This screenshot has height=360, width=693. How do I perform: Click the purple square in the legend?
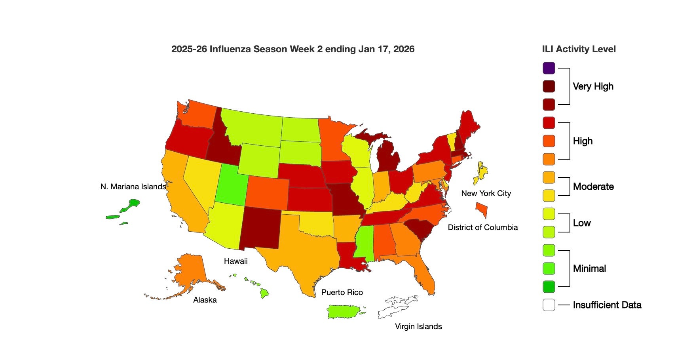[x=549, y=68]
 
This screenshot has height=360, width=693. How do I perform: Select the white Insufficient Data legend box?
[x=549, y=305]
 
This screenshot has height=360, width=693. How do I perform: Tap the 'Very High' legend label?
[x=593, y=86]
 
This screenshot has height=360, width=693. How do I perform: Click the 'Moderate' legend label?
[x=593, y=187]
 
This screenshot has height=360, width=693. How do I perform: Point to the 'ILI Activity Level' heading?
[x=579, y=49]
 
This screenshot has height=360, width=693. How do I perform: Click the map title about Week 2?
[x=292, y=49]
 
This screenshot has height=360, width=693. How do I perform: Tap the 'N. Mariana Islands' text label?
[x=133, y=187]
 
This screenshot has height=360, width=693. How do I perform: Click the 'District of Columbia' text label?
[x=482, y=227]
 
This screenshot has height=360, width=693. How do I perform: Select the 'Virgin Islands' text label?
[x=418, y=326]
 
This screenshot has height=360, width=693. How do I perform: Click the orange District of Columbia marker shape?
[x=482, y=209]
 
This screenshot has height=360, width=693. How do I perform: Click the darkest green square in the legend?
[x=549, y=287]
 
